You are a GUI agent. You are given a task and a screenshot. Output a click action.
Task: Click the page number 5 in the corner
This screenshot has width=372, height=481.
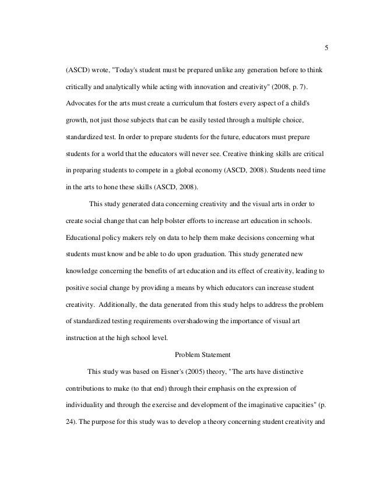pos(326,48)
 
